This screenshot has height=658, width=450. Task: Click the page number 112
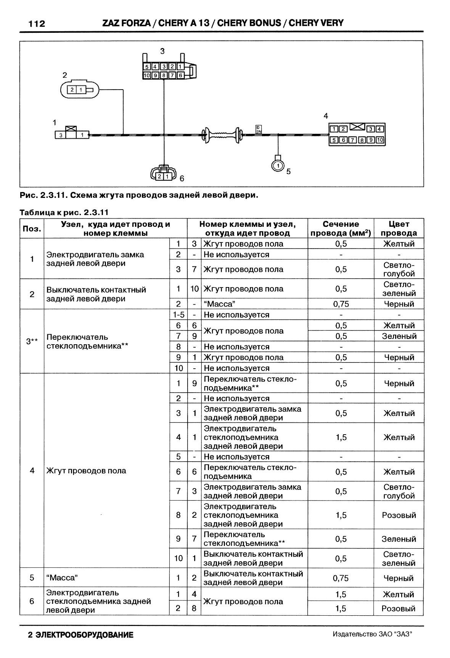37,24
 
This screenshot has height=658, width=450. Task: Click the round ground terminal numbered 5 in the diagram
278,165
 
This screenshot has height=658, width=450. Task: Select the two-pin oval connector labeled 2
80,90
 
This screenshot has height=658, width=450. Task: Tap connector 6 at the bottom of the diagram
164,175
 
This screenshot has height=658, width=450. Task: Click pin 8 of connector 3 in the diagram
164,75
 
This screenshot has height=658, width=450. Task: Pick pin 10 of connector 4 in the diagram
380,140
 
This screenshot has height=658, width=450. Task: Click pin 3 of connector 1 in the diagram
60,135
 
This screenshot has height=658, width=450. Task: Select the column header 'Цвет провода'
399,228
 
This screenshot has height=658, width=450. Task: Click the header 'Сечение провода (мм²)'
341,228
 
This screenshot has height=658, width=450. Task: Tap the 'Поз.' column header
32,228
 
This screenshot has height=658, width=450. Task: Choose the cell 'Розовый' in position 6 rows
399,608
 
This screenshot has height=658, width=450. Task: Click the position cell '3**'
32,341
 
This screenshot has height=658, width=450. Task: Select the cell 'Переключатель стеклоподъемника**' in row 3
87,341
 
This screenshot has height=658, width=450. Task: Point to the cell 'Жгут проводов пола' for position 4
86,471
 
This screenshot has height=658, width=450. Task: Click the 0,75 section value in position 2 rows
341,304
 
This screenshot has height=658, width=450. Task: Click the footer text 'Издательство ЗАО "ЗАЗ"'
373,634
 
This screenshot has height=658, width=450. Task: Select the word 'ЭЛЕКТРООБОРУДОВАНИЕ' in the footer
84,635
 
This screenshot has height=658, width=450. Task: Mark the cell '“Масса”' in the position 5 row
62,578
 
